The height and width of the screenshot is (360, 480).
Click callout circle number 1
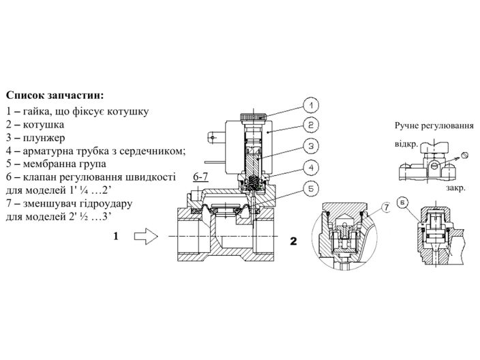[309, 106]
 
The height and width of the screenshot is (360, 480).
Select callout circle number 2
[309, 125]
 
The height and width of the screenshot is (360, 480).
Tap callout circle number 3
[309, 146]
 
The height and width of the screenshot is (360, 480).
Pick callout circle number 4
[309, 166]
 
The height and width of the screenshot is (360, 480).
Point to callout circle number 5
[309, 187]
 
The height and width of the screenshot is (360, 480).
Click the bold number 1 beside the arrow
[116, 237]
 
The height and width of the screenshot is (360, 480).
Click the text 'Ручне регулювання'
[434, 126]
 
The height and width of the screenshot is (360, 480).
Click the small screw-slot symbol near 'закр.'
[465, 155]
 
